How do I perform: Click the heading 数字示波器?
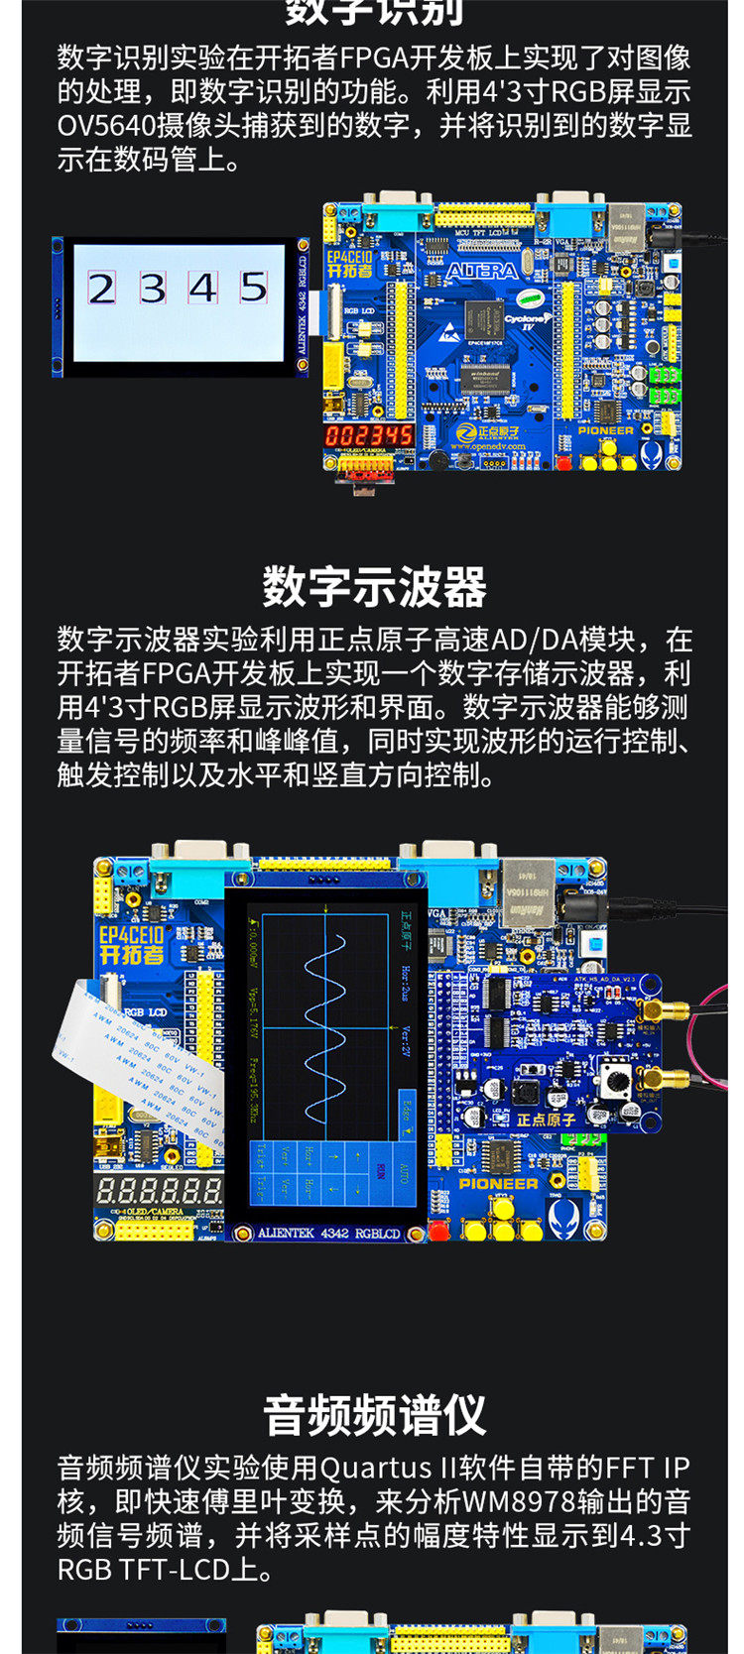(374, 587)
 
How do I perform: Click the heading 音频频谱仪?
(374, 1415)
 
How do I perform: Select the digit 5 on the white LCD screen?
(254, 287)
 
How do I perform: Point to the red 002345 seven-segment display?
(369, 436)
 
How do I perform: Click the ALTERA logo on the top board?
(481, 271)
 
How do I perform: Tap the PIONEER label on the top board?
(606, 430)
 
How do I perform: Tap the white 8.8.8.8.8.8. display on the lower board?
(159, 1191)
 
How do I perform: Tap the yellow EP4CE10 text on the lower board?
(131, 934)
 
